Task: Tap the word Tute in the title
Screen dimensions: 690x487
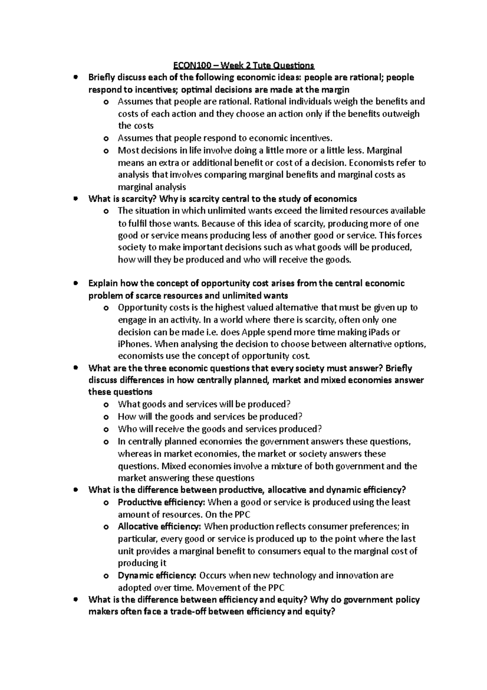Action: point(261,65)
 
